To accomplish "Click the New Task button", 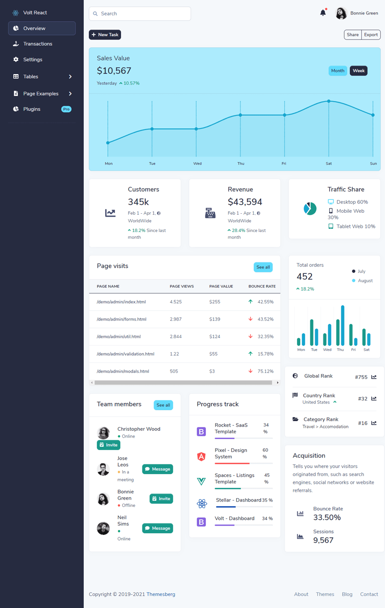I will point(105,35).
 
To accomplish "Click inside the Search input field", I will point(142,13).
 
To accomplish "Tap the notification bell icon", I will point(323,13).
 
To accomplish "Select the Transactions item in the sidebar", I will point(38,44).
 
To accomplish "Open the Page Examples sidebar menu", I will point(41,93).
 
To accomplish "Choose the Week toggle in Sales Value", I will point(359,71).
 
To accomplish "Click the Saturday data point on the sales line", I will point(329,101).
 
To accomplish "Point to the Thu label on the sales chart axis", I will point(241,164).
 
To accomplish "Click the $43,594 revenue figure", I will point(245,202).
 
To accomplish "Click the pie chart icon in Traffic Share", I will point(310,208).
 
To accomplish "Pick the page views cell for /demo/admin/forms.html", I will point(176,319).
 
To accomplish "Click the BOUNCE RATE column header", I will point(262,286).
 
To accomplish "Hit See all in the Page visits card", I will point(263,267).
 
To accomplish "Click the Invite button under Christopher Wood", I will point(108,445).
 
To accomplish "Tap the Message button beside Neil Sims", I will point(157,528).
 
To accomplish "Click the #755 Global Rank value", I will point(361,377).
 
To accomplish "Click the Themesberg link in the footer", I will point(161,594).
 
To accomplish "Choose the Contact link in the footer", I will point(369,594).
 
